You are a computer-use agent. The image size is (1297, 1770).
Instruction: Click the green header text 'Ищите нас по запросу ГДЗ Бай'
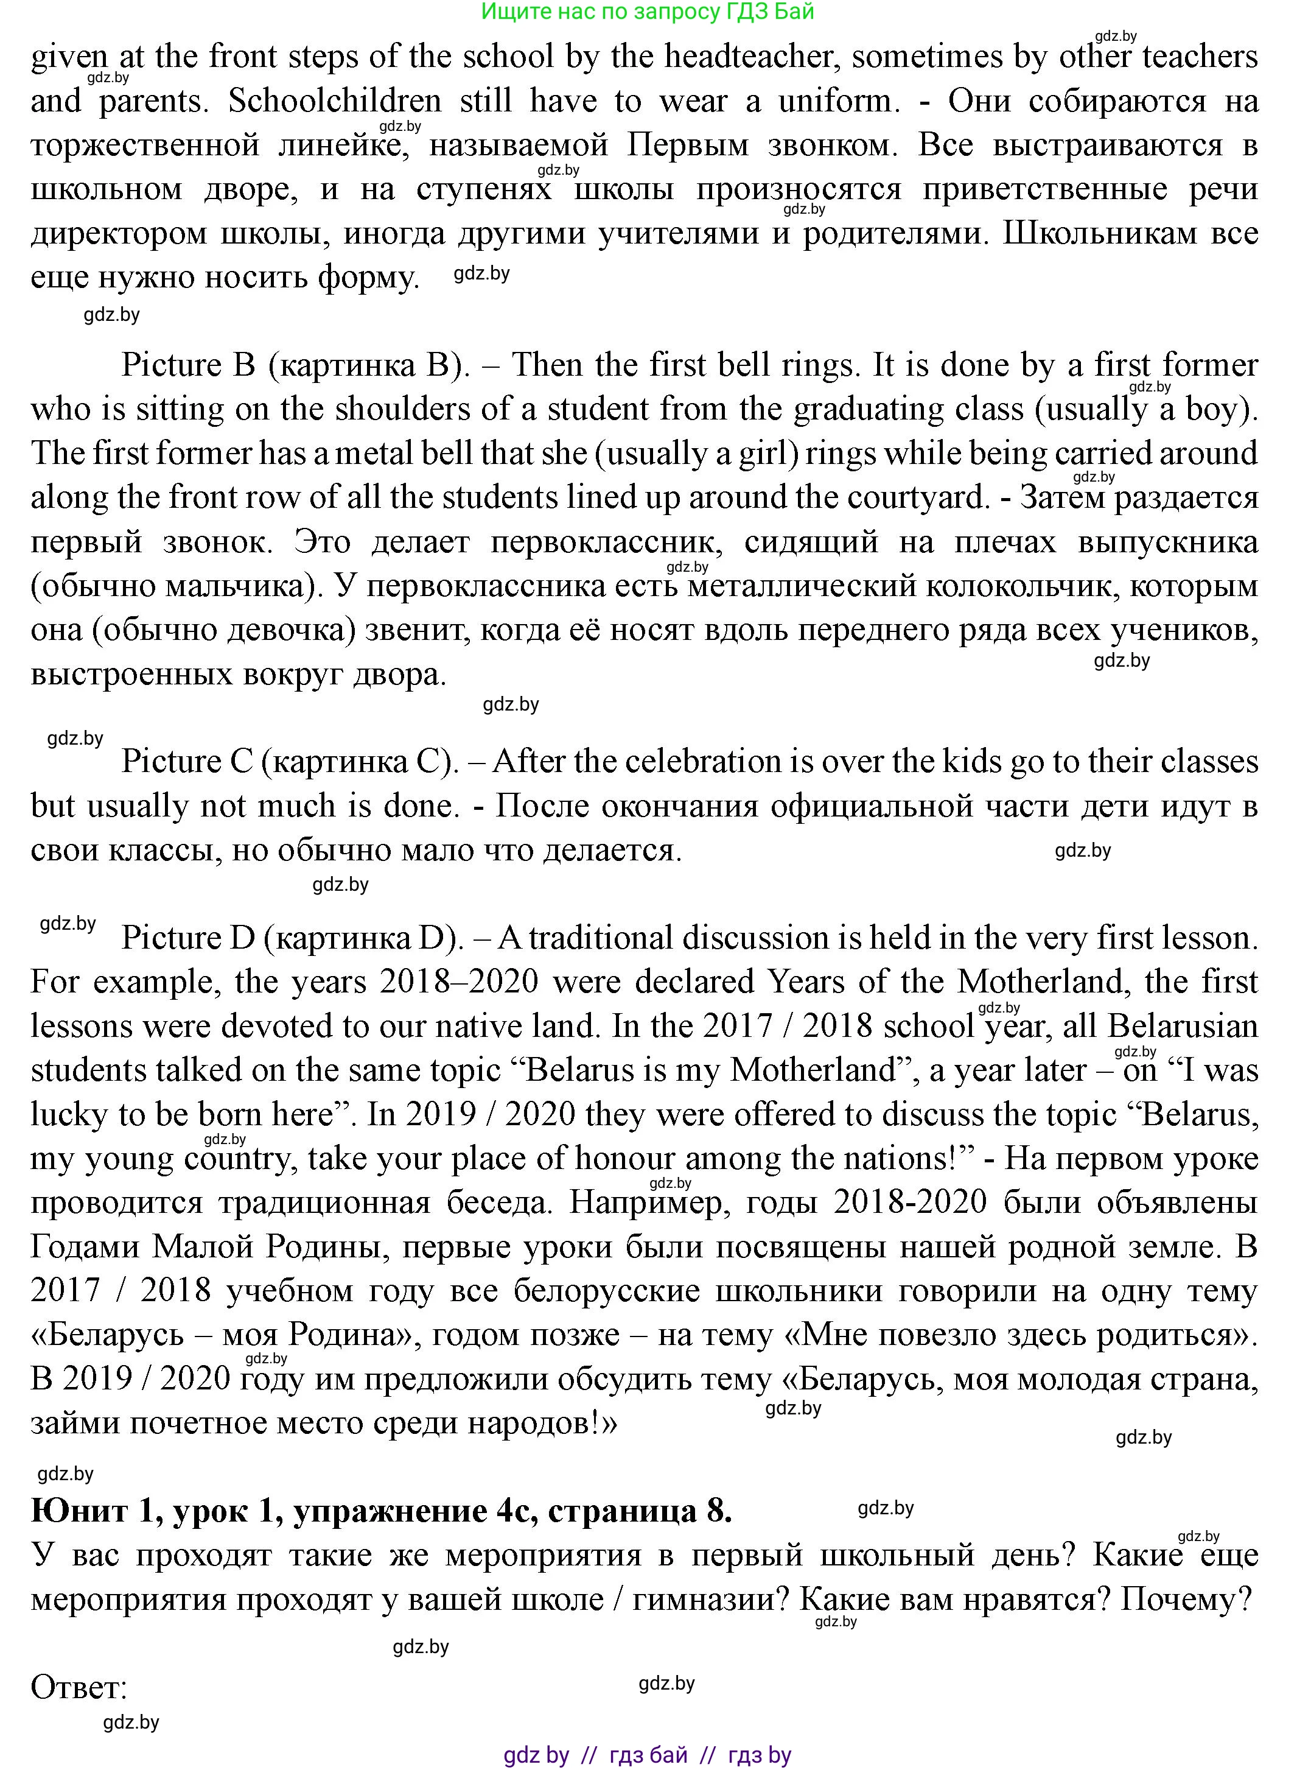(x=648, y=12)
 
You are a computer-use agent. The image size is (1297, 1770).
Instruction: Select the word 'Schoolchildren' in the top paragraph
(x=335, y=101)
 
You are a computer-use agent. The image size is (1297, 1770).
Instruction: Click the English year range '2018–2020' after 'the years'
(x=460, y=982)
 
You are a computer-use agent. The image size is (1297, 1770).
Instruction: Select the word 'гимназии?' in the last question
(x=710, y=1599)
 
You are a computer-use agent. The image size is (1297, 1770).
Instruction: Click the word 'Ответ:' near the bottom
(x=79, y=1687)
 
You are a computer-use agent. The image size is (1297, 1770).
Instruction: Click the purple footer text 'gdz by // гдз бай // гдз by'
(x=648, y=1755)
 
